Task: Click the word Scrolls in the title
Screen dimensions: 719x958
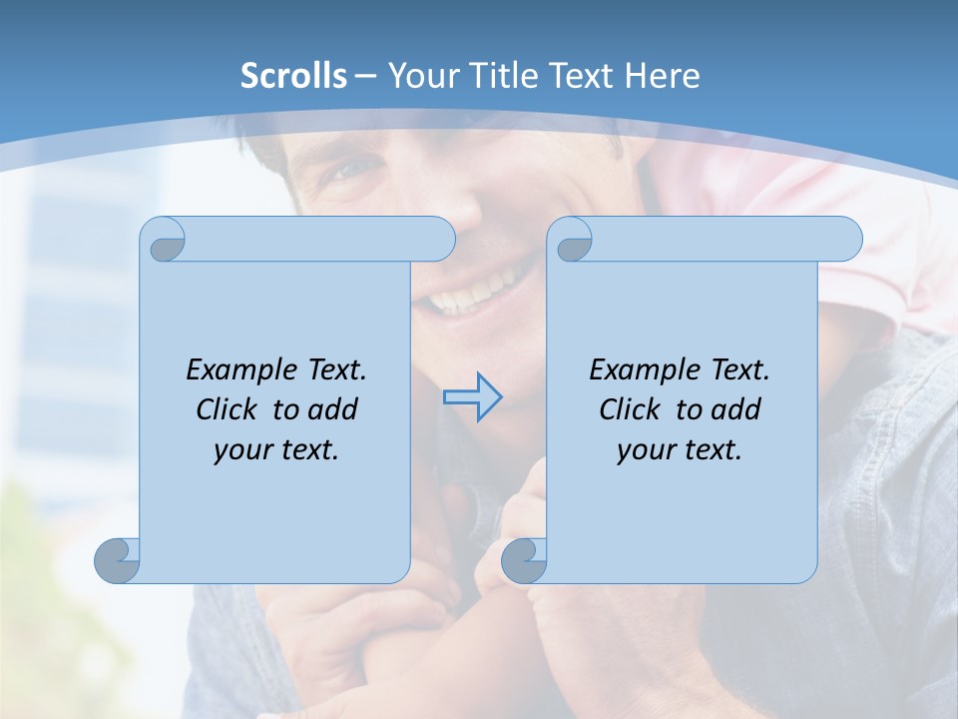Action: coord(293,76)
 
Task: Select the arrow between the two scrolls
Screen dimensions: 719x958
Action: coord(472,397)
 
